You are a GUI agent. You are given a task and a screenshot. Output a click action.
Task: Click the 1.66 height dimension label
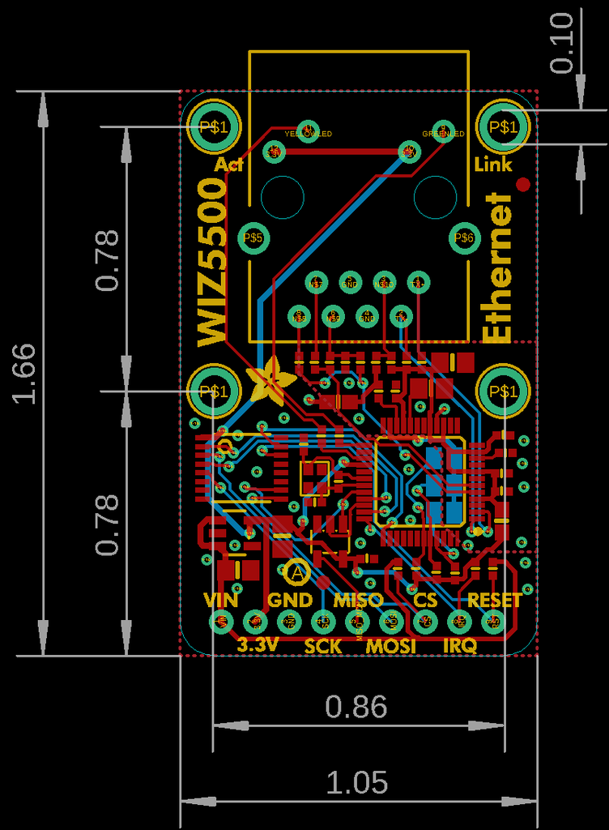click(23, 373)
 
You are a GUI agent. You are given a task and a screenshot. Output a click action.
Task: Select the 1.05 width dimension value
click(357, 783)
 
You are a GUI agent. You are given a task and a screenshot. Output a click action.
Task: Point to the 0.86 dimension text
click(356, 707)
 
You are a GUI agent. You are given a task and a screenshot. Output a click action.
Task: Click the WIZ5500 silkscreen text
click(213, 263)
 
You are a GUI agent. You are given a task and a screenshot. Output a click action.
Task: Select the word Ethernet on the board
click(498, 267)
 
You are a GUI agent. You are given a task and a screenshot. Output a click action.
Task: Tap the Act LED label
click(229, 165)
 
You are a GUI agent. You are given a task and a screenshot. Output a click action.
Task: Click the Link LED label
click(493, 165)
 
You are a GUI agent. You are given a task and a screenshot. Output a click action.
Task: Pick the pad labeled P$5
click(253, 237)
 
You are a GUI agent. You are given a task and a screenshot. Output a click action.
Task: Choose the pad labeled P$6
click(464, 237)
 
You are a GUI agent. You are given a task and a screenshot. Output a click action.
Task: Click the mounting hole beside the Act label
click(214, 126)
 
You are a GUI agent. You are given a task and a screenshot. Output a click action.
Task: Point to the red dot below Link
click(523, 185)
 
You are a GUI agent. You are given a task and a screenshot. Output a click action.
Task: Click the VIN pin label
click(221, 601)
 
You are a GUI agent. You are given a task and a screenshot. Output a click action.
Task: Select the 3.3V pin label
click(258, 645)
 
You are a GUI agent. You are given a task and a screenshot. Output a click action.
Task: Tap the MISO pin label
click(358, 601)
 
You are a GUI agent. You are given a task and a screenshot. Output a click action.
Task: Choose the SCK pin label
click(323, 646)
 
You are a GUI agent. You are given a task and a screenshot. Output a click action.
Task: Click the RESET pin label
click(495, 601)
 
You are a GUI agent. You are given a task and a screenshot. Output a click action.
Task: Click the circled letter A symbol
click(297, 572)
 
